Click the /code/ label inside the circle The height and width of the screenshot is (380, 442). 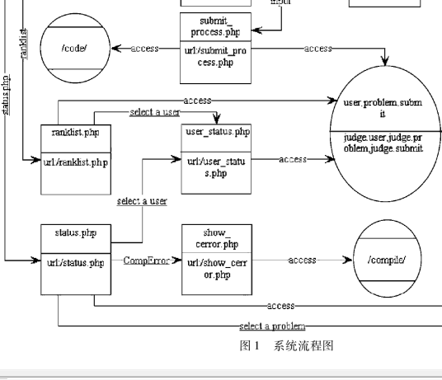tap(75, 49)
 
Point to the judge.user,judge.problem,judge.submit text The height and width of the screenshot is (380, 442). tap(383, 143)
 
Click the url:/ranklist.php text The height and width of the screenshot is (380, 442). tap(75, 162)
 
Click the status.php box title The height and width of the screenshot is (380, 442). tap(75, 233)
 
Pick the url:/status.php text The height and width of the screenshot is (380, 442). tap(75, 263)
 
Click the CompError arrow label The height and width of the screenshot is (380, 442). tap(146, 260)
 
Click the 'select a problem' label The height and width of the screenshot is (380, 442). tap(272, 326)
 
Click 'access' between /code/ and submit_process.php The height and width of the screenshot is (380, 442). tap(144, 49)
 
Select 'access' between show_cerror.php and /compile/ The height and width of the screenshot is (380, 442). tap(302, 260)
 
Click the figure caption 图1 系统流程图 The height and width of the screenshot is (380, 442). tap(285, 346)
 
